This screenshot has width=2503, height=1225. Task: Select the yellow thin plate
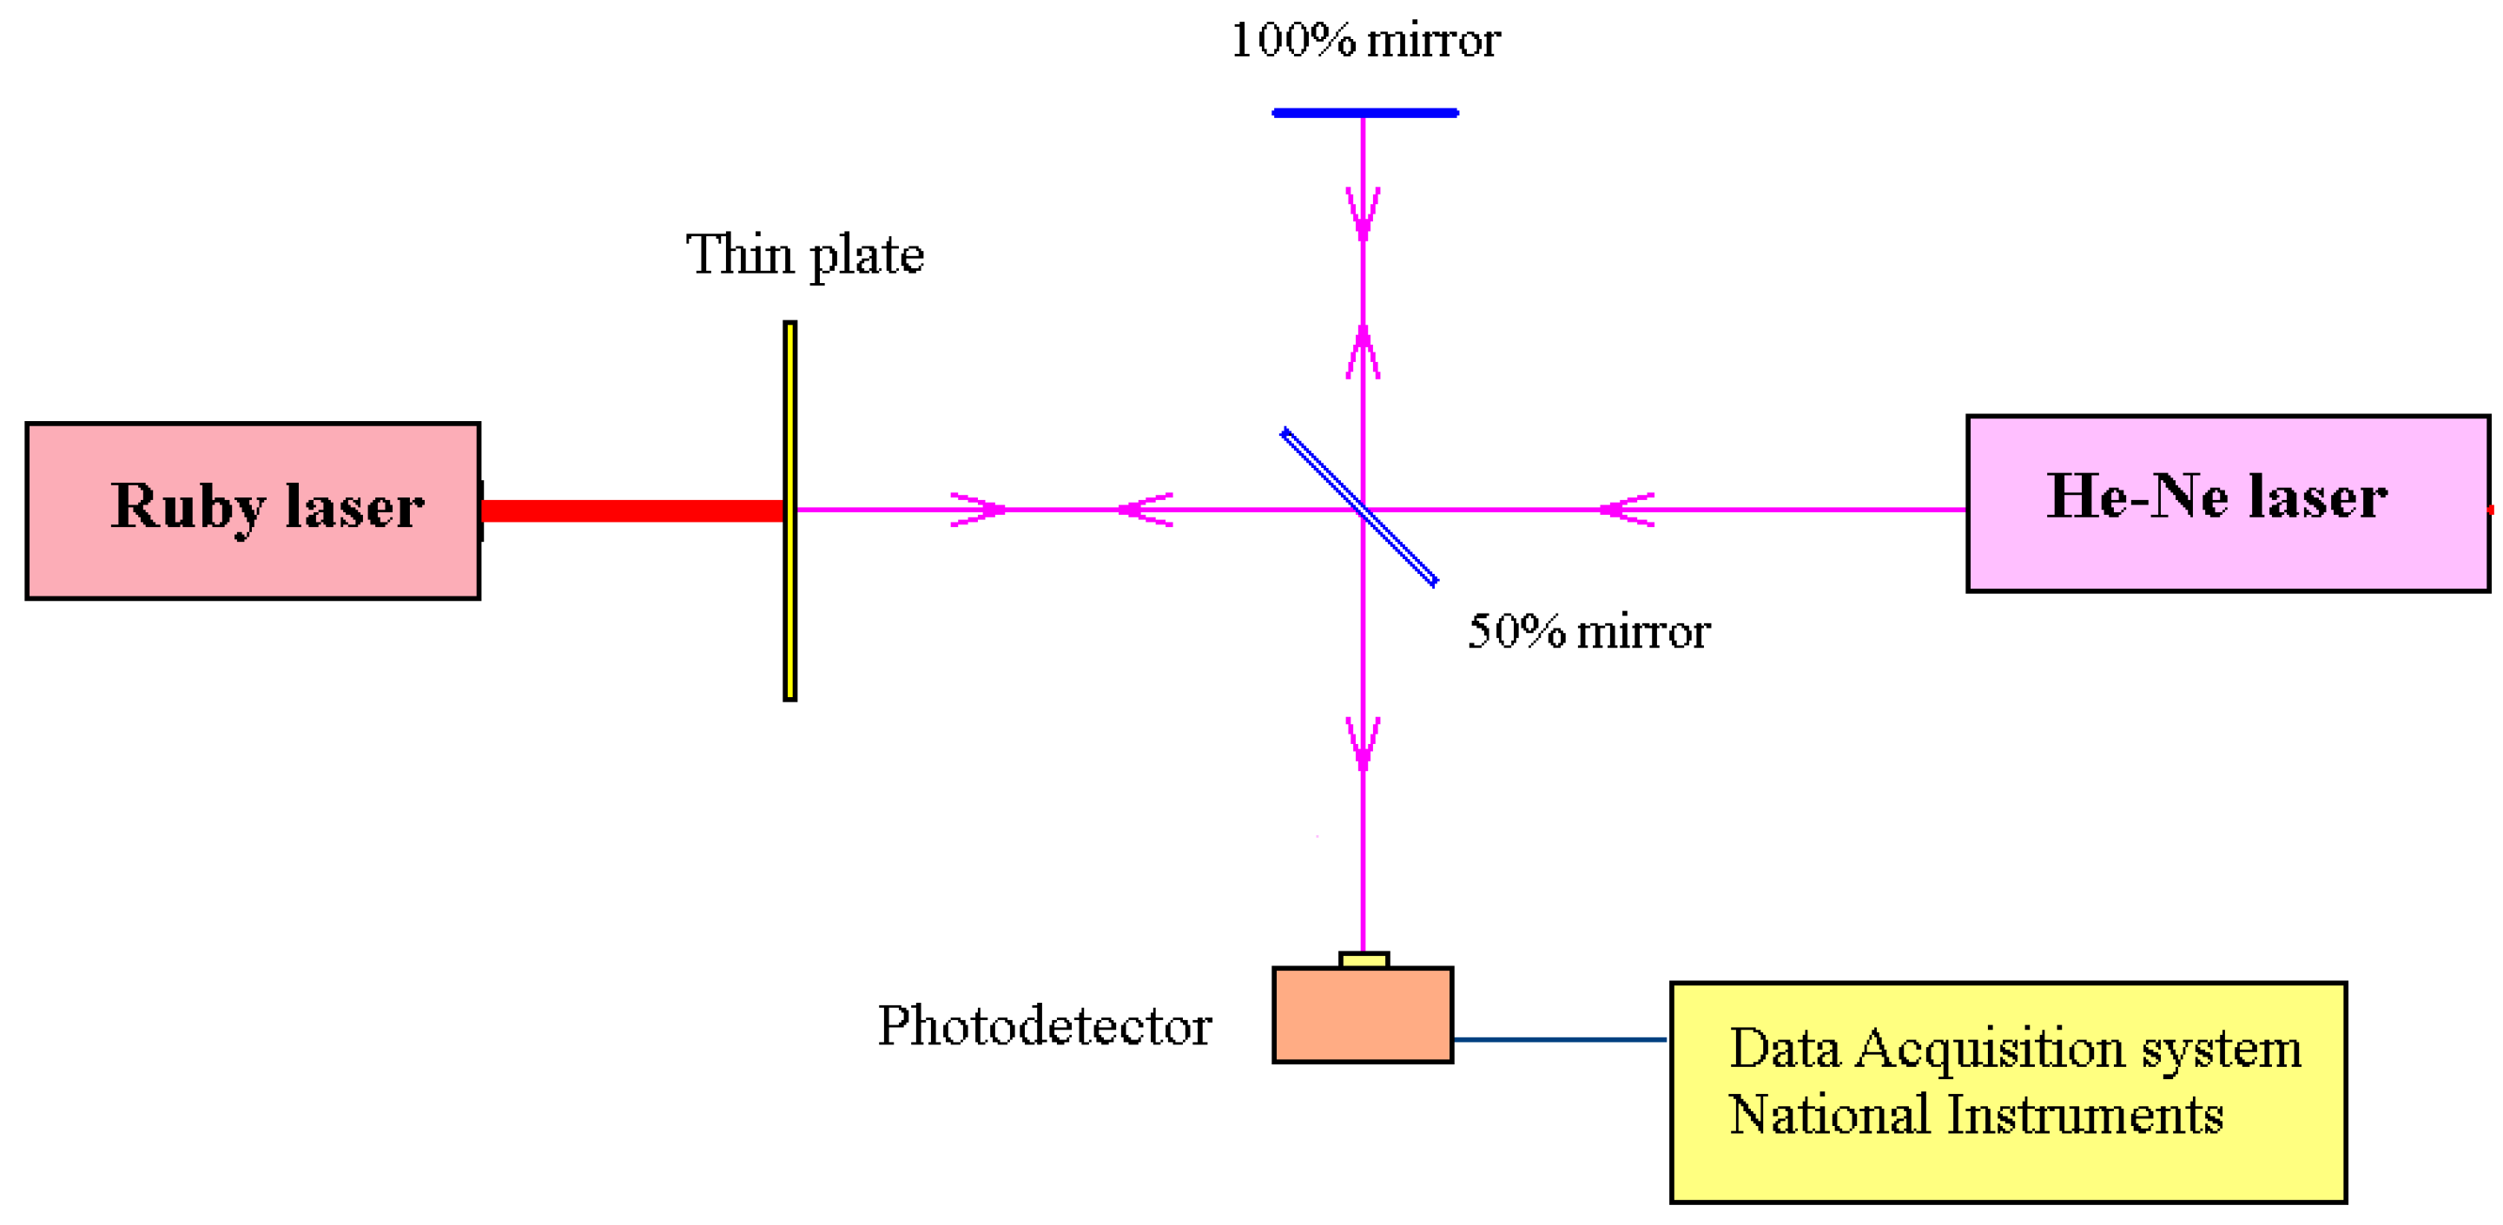click(790, 603)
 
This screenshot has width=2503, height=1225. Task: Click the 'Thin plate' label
click(804, 254)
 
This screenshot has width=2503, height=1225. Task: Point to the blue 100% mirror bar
click(1364, 113)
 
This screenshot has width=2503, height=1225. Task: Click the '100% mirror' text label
click(1364, 41)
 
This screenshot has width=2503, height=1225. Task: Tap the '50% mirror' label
click(1588, 631)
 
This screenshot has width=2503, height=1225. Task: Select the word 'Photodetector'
click(1044, 1026)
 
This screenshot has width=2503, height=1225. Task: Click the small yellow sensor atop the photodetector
click(1364, 960)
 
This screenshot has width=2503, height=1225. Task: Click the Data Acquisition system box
click(2007, 1156)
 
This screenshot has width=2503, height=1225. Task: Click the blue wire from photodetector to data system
click(1559, 1039)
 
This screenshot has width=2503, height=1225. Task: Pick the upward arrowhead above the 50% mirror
click(1364, 350)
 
